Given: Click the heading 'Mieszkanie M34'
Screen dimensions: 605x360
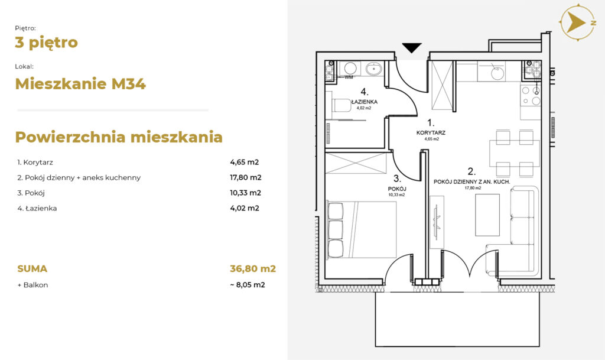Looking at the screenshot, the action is pos(80,84).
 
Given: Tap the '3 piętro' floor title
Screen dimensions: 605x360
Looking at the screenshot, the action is pos(46,43).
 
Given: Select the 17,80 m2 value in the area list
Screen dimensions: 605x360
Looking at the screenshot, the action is pos(246,177).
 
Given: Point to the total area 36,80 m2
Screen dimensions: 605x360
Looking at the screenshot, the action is pos(253,268).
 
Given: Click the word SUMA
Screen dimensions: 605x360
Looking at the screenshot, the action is pos(32,268).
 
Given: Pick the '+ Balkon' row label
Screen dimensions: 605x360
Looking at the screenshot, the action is pos(33,285).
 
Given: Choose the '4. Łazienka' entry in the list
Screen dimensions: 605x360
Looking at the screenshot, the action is pos(37,208).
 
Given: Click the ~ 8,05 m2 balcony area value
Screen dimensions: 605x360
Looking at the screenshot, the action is pos(248,285).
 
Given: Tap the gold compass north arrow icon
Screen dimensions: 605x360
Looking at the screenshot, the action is pos(578,22).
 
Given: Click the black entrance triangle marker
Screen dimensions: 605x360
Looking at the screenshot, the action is pos(412,47).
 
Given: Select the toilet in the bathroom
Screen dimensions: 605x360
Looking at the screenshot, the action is pos(341,105).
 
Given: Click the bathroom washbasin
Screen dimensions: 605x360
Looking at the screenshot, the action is pos(373,69).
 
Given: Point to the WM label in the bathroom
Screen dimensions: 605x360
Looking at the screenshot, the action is pos(349,77).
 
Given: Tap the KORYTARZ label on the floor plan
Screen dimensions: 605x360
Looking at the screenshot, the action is pos(431,133).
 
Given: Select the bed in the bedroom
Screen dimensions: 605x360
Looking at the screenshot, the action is pos(362,229).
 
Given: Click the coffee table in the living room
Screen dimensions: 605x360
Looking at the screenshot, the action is pos(487,215).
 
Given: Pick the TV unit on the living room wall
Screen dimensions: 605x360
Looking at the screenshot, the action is pos(437,222).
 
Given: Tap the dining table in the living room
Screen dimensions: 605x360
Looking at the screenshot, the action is pos(515,153).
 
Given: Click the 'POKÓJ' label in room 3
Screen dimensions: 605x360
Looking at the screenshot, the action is pos(397,189).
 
